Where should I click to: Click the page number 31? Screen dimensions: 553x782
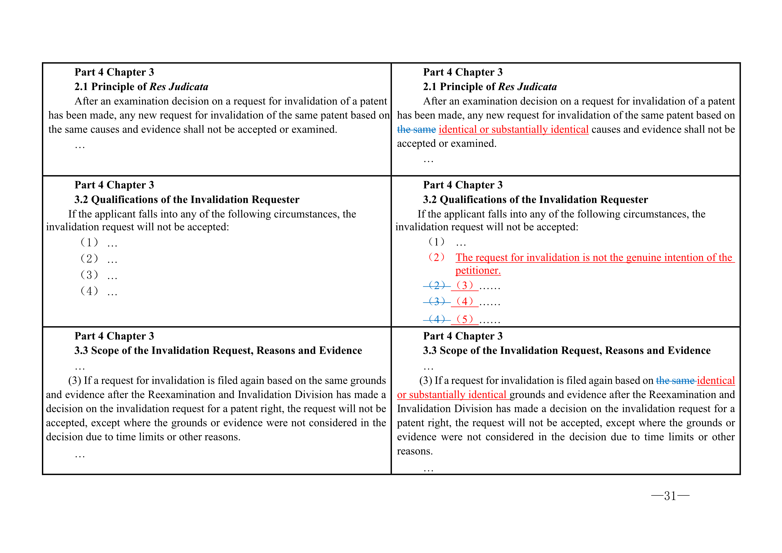(x=670, y=496)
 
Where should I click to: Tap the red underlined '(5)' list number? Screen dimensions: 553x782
(x=465, y=319)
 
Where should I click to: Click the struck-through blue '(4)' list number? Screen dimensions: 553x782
(x=437, y=319)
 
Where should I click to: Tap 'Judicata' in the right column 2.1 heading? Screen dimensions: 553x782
(x=537, y=87)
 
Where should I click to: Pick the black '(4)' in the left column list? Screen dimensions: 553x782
(x=89, y=291)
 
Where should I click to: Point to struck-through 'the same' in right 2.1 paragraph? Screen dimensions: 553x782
(x=416, y=130)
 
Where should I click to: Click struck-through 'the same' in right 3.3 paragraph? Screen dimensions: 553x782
(x=675, y=381)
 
